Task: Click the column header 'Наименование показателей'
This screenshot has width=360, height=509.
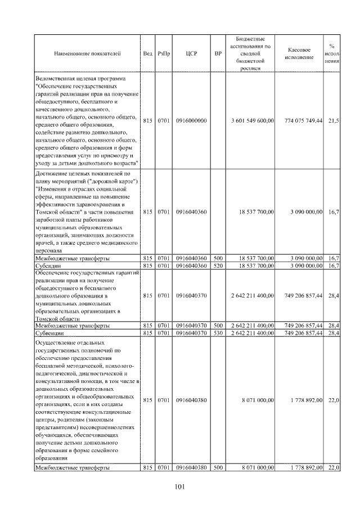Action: coord(87,54)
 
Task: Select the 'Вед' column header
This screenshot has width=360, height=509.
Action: coord(147,54)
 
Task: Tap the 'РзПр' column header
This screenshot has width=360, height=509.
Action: coord(164,54)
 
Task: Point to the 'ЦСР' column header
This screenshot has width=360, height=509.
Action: coord(191,54)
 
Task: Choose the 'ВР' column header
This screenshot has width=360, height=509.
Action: coord(218,54)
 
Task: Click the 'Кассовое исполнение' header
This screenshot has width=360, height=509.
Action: coord(299,54)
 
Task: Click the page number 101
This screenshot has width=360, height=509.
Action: coord(180,487)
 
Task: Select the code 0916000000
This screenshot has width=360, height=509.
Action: coord(191,120)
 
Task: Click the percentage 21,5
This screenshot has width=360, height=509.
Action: coord(333,120)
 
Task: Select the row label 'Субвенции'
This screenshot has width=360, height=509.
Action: coord(49,333)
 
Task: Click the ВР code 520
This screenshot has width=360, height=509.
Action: coord(218,265)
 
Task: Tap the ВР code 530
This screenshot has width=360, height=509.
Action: coord(218,333)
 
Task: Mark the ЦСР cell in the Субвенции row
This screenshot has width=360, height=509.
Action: coord(191,333)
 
